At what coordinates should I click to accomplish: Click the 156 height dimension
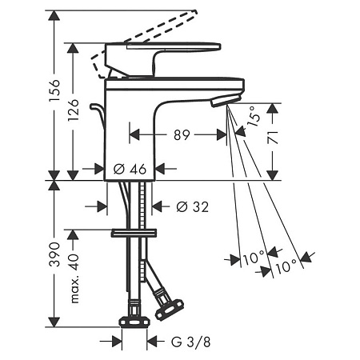[x=54, y=90]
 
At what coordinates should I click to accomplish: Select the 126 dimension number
[x=74, y=110]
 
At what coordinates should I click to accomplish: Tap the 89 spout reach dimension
[x=182, y=135]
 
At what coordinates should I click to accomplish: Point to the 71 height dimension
[x=273, y=138]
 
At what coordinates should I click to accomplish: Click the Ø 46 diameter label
[x=130, y=169]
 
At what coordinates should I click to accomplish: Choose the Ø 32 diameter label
[x=192, y=206]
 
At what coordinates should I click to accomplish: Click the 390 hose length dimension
[x=54, y=254]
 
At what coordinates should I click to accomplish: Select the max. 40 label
[x=74, y=278]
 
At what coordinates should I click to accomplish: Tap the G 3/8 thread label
[x=190, y=342]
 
